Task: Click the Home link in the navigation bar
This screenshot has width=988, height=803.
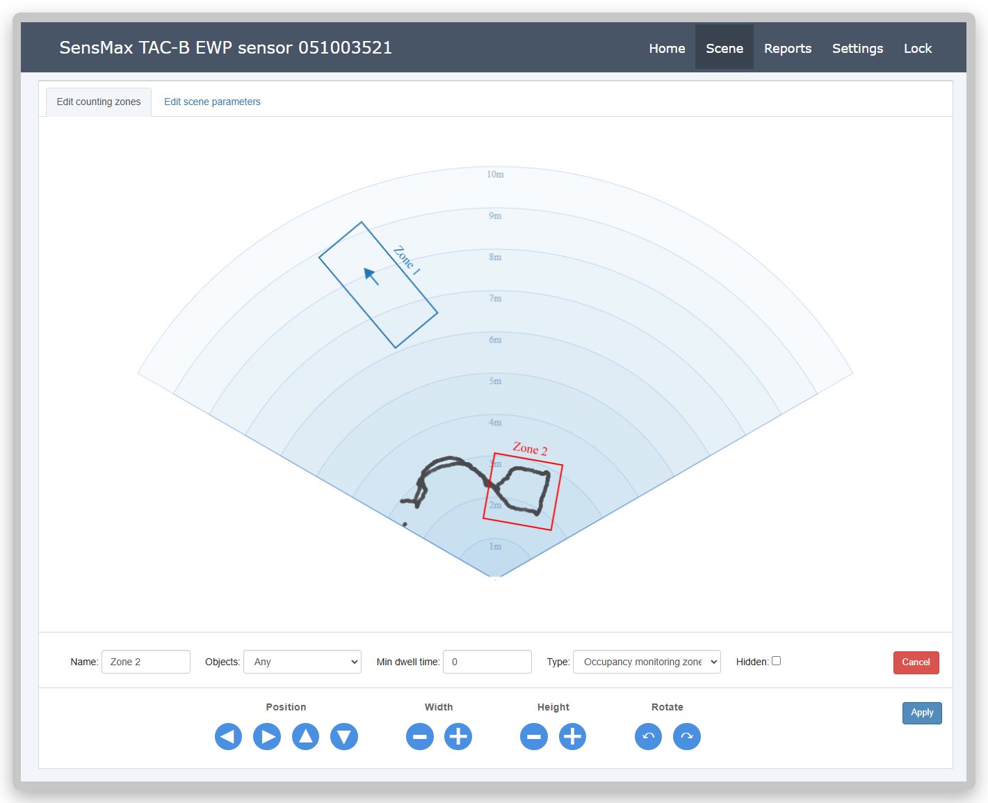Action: click(667, 48)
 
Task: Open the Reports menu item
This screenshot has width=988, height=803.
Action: click(788, 48)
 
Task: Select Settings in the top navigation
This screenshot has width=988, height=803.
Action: click(857, 48)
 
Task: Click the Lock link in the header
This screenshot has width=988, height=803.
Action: click(918, 48)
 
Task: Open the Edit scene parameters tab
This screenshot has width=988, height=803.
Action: click(212, 102)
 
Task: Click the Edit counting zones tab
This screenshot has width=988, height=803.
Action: click(98, 102)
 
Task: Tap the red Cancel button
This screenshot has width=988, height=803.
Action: click(916, 662)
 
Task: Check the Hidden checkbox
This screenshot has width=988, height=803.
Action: click(776, 660)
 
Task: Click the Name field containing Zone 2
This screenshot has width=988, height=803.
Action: click(145, 662)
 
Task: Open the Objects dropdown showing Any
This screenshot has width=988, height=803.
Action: click(302, 662)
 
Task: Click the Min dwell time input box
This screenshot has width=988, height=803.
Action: click(487, 662)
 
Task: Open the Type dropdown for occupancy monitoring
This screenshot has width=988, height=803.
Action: click(647, 662)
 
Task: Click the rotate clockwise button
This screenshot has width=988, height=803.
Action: click(686, 736)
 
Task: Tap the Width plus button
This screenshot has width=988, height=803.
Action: click(458, 736)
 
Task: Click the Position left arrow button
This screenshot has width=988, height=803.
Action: click(228, 736)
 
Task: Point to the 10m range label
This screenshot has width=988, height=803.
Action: click(495, 175)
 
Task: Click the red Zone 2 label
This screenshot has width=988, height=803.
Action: click(530, 449)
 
